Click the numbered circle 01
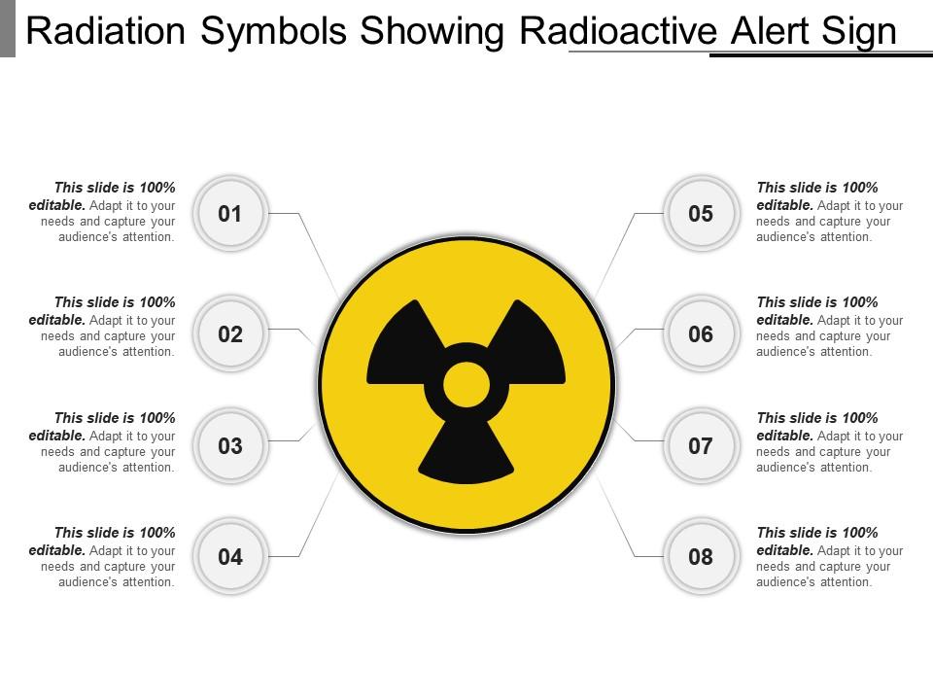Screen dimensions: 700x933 click(230, 214)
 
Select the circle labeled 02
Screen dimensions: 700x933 click(230, 334)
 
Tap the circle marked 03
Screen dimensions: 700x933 click(230, 446)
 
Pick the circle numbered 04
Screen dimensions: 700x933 click(230, 557)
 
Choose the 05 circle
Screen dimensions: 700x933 click(701, 214)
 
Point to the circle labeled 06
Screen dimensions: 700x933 click(701, 334)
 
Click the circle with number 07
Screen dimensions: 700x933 click(701, 446)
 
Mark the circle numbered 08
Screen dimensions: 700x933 click(701, 557)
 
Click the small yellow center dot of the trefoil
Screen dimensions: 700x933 click(466, 385)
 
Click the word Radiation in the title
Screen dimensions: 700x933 click(104, 32)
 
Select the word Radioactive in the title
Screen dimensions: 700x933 click(618, 32)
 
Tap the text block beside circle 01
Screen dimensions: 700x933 click(103, 212)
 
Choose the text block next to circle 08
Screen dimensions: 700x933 click(829, 557)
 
